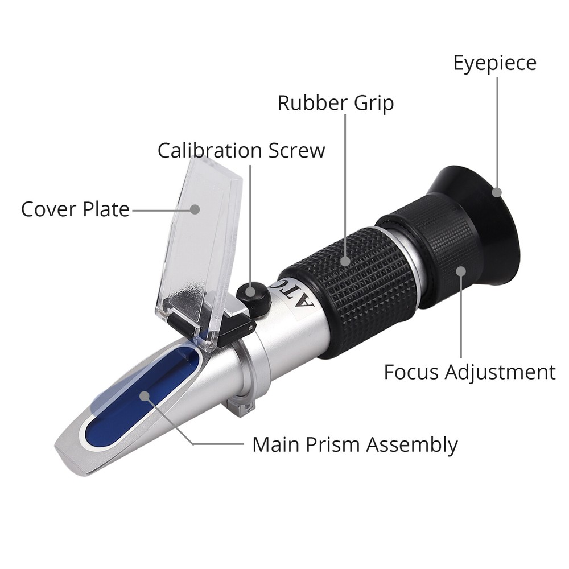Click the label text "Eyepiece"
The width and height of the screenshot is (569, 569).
494,63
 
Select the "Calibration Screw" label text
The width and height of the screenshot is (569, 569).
241,150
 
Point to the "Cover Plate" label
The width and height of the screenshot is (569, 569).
75,209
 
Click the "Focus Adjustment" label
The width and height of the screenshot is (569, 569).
469,372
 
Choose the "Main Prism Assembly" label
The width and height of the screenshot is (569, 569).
354,444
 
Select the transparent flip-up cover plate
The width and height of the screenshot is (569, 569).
205,245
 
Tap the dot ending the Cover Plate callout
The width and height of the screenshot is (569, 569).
195,209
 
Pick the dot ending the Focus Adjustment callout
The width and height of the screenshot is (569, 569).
461,273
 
